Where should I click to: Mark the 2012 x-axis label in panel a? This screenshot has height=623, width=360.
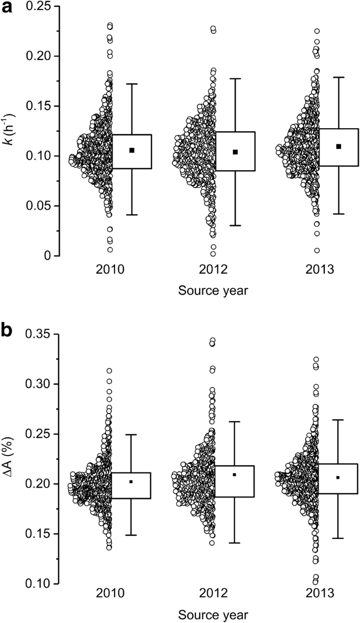click(213, 271)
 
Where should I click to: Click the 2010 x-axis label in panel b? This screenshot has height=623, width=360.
click(110, 594)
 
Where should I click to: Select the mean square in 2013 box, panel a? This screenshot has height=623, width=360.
click(339, 147)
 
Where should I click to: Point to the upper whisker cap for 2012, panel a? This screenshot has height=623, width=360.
click(235, 79)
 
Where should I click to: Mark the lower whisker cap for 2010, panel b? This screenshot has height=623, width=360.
click(131, 535)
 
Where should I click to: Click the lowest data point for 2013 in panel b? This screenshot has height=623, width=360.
click(315, 582)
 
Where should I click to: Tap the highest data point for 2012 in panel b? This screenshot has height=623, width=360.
click(213, 340)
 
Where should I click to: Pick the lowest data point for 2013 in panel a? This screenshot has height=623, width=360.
click(317, 251)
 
